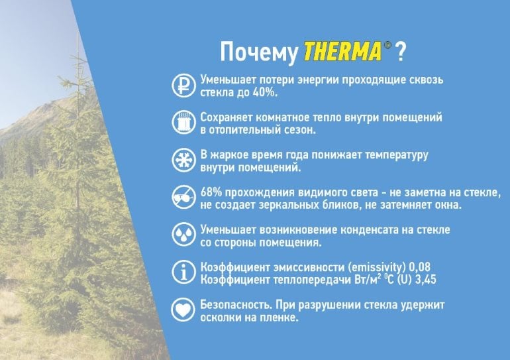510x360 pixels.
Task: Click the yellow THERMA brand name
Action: tap(342, 51)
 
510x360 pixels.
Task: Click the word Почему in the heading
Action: tap(259, 52)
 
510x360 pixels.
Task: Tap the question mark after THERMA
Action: tap(401, 52)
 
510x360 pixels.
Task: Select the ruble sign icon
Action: tap(183, 86)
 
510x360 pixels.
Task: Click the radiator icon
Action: tap(183, 123)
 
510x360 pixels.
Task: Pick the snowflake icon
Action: tap(183, 160)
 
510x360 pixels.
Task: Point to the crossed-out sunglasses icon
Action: tap(183, 197)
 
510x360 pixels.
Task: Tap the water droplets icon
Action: tap(183, 234)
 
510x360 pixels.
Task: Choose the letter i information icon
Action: tap(183, 272)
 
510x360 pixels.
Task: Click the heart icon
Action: tap(183, 310)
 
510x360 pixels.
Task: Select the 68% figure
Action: tap(211, 192)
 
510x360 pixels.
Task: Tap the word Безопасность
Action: tap(236, 305)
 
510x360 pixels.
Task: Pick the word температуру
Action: tap(397, 155)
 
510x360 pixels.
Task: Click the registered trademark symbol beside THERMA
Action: tap(387, 45)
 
